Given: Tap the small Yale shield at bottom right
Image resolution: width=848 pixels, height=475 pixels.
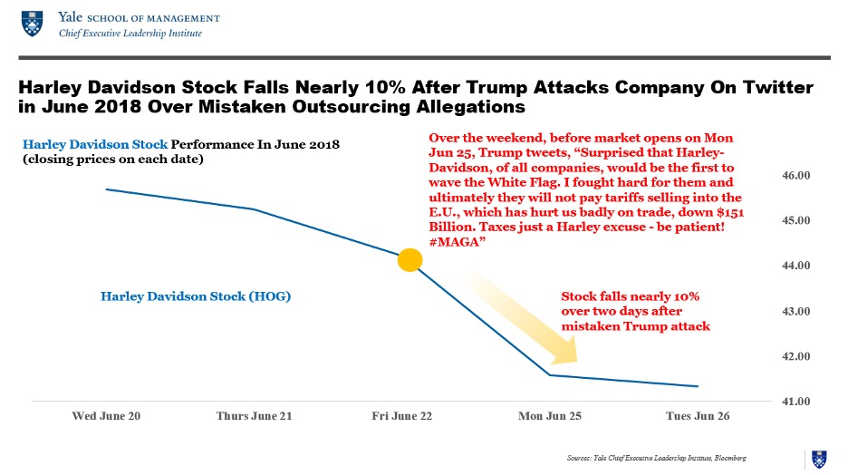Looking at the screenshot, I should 819,458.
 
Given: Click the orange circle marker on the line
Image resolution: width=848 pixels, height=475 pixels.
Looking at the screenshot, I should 410,260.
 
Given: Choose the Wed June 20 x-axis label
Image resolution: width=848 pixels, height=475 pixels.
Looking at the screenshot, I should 106,416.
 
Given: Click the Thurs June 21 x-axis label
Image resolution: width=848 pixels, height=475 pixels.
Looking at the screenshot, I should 254,416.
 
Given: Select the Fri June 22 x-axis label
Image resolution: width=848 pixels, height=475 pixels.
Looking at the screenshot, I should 401,416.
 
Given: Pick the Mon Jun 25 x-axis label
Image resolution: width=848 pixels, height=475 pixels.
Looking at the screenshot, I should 550,416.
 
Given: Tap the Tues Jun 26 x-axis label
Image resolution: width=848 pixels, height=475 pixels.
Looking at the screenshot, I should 698,416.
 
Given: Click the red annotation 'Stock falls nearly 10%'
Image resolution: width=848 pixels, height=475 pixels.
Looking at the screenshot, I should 630,296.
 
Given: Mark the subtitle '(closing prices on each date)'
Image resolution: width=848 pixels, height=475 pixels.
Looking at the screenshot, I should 112,160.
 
